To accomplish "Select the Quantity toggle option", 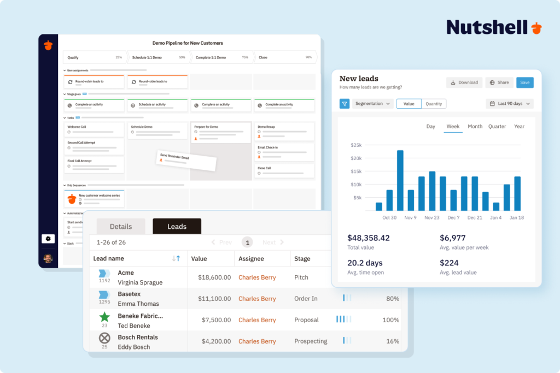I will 434,104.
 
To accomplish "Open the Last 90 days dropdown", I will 509,104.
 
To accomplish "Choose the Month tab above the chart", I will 475,127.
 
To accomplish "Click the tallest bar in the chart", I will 400,180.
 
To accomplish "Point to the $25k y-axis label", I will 356,145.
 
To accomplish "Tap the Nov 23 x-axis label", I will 432,217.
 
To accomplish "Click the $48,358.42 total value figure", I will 369,238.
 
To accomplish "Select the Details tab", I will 121,227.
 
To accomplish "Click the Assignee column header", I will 251,259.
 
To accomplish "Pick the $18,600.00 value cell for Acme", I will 214,277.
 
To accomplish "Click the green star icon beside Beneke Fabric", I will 104,317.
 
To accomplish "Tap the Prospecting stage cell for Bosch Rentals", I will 311,341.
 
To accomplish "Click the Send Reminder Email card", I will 186,161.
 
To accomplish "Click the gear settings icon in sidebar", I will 48,239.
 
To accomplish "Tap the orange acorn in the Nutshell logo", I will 536,27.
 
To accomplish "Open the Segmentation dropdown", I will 373,104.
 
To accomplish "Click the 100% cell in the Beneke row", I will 391,320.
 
